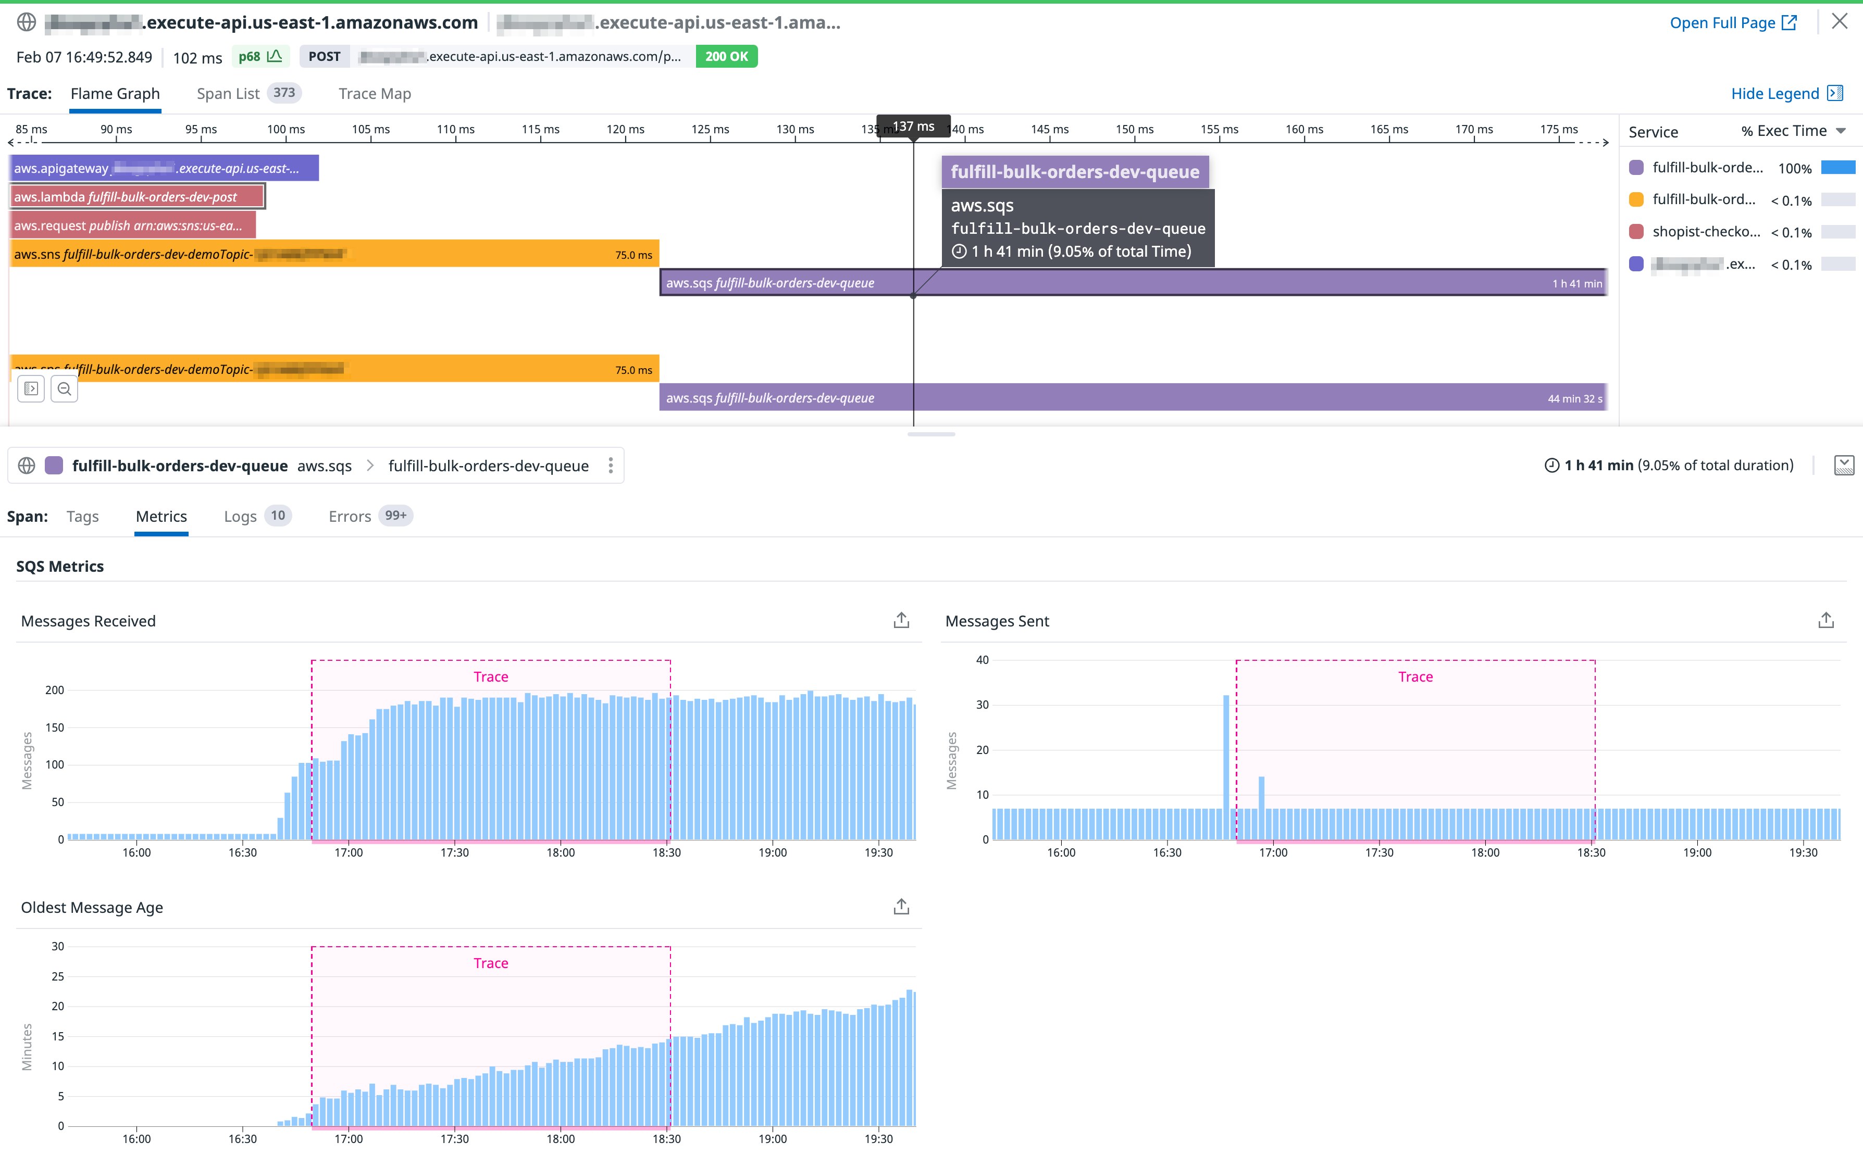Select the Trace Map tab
tap(375, 93)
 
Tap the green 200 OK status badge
tap(726, 57)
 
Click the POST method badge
tap(324, 57)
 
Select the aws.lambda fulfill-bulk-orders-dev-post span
tap(138, 197)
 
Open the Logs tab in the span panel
tap(240, 517)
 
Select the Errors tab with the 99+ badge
tap(350, 517)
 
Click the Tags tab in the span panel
tap(82, 517)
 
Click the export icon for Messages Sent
tap(1825, 620)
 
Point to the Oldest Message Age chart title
tap(92, 908)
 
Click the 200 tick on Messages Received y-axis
tap(55, 690)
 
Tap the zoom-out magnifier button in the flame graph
tap(64, 389)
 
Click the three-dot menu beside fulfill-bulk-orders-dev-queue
tap(611, 466)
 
